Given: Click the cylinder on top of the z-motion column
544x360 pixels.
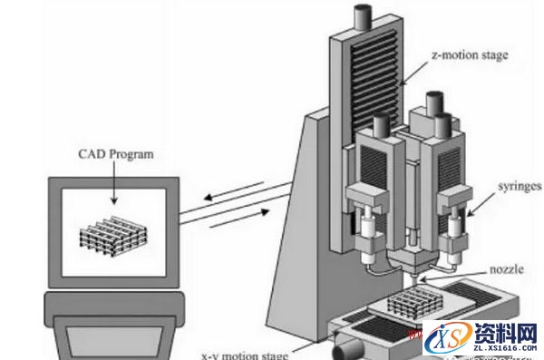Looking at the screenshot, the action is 363,15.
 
